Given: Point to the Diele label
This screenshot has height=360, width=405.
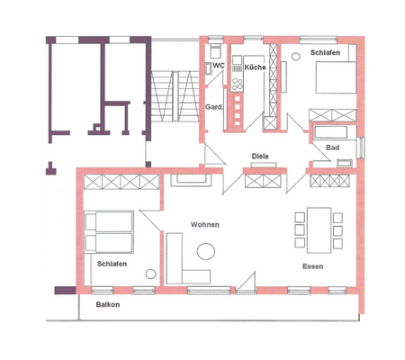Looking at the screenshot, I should [261, 155].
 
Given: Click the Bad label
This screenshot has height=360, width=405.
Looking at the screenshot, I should [332, 147].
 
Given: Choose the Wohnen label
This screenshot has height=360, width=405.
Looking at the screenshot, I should [205, 224].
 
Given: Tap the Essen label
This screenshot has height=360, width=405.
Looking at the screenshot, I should [313, 267].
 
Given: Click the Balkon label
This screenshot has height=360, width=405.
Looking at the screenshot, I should [108, 304].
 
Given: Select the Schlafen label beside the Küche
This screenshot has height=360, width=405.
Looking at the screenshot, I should [325, 53].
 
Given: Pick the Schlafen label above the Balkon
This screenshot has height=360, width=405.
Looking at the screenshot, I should [112, 264].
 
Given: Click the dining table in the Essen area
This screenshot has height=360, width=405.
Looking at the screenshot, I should [319, 229].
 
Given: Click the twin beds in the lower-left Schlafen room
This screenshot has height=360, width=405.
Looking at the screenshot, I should [109, 231].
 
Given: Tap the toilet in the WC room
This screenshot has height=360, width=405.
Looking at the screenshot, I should [216, 67].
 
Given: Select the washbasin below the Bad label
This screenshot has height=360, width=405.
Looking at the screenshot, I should [344, 161].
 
